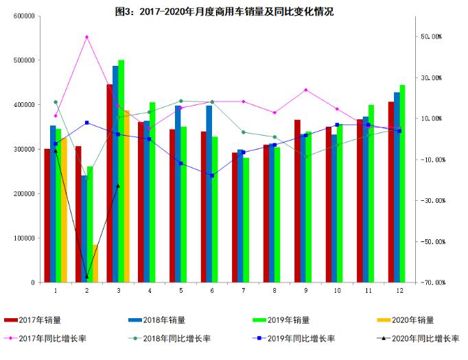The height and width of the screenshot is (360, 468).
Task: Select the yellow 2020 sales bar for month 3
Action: pos(126,196)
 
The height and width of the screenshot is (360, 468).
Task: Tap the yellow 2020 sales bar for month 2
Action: pos(95,263)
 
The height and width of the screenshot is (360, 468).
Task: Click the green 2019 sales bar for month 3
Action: pos(121,171)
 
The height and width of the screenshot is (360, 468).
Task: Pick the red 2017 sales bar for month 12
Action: pos(390,192)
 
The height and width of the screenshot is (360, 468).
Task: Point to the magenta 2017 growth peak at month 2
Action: pos(86,37)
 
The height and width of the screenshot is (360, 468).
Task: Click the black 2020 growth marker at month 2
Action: pos(86,277)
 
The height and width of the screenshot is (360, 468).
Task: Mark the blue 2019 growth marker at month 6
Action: pos(212,176)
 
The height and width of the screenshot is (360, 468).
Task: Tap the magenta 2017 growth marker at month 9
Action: pos(306,90)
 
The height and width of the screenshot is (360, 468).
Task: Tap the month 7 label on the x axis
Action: pos(243,291)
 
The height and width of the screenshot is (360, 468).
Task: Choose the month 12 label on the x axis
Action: pos(400,291)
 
